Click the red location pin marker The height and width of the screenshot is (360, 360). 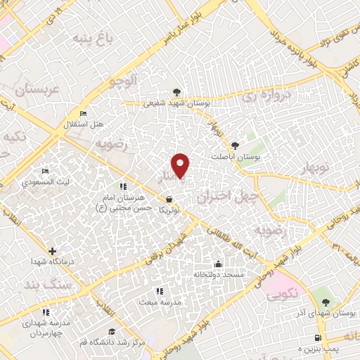[x=181, y=165]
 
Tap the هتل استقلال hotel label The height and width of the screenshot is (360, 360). [x=84, y=124]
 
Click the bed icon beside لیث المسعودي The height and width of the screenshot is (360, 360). [x=46, y=172]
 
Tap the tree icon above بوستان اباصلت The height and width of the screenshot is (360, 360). [x=243, y=146]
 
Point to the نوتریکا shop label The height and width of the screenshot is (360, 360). [x=169, y=210]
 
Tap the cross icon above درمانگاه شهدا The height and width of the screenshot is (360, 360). [x=52, y=250]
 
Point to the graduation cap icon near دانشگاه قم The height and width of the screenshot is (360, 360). [x=110, y=331]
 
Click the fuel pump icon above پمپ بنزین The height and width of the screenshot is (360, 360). [x=321, y=339]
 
